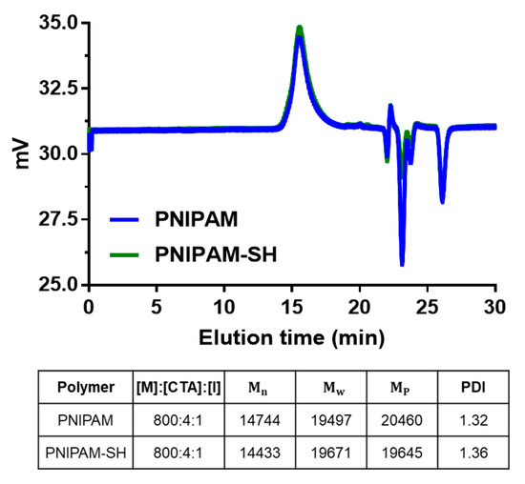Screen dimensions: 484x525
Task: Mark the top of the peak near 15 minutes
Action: click(x=300, y=30)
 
